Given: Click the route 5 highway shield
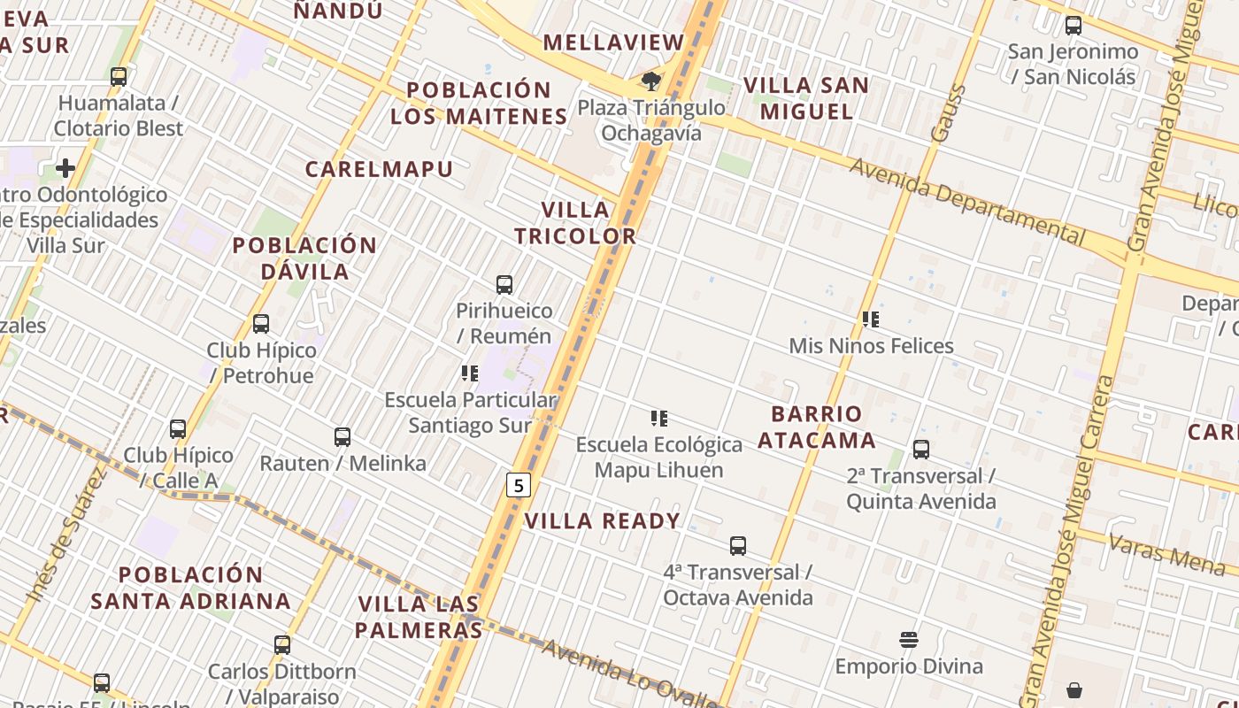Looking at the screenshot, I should tap(518, 485).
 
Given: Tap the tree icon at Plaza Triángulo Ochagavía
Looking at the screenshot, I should tap(651, 81).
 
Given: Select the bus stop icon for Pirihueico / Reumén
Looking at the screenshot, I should tap(504, 285).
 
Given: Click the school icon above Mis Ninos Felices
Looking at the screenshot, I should tap(871, 319).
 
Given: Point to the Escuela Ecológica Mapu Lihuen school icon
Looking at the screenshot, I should tap(658, 418).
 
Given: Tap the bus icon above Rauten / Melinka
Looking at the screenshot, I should tap(342, 436).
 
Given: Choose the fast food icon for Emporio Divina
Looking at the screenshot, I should tap(909, 640).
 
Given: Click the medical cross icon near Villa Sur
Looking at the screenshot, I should tap(65, 168).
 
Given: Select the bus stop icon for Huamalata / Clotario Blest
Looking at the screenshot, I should tap(119, 77).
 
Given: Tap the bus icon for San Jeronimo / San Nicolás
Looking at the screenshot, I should tap(1074, 26).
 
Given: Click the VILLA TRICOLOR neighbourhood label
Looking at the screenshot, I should tap(575, 223).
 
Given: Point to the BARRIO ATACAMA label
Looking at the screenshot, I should tap(817, 427).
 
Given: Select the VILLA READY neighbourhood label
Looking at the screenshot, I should tap(603, 521).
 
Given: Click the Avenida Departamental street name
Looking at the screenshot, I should tap(966, 201).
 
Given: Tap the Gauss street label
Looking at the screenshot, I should tap(946, 112).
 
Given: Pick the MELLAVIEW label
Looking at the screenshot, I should tap(614, 42).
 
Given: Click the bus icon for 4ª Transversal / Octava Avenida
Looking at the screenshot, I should tap(738, 546).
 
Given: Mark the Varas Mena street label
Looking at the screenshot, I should tap(1166, 553).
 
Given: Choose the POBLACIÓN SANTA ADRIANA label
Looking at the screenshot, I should tap(191, 588).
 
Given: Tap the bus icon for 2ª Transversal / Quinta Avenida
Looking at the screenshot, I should tap(921, 450).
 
